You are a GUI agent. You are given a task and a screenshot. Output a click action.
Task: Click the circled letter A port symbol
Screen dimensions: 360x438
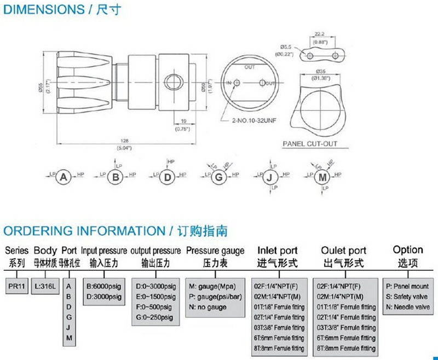pos(65,177)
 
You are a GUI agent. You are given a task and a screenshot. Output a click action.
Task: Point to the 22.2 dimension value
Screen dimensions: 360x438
pos(321,33)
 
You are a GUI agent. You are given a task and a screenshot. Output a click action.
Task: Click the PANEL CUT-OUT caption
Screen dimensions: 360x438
pos(310,144)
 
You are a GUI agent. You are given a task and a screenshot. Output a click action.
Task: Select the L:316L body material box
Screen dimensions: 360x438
pos(45,286)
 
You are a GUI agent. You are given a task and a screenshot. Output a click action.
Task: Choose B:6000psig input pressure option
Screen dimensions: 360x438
pos(104,286)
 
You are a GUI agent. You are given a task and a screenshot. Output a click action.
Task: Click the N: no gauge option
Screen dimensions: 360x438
pos(207,307)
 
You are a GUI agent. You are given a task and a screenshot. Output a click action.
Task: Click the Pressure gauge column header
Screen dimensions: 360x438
pos(215,251)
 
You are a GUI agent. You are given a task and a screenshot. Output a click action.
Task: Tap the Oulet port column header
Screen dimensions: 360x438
pos(343,251)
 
